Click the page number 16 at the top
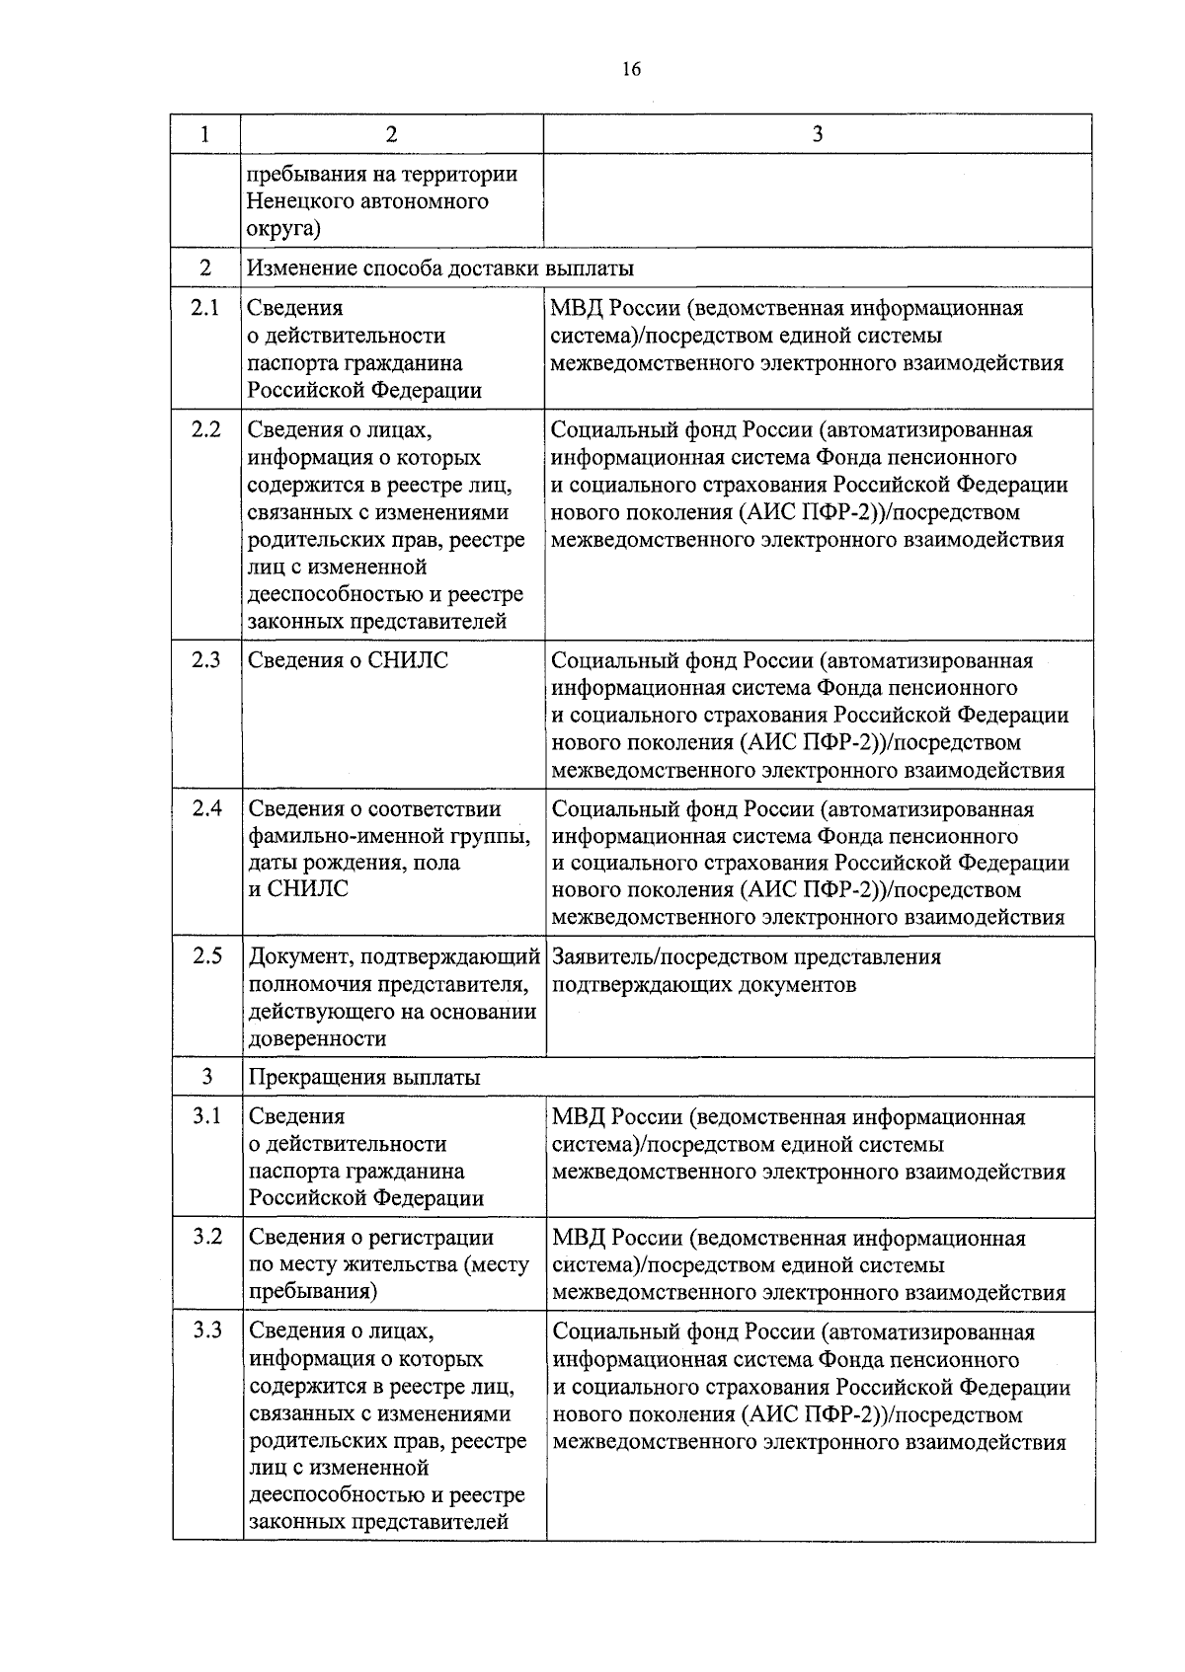(x=632, y=68)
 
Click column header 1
(x=204, y=135)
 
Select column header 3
(x=817, y=135)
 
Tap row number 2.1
(x=204, y=307)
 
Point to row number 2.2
(x=205, y=429)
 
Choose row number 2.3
(x=205, y=659)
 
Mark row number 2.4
(x=206, y=808)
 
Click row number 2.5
(x=206, y=955)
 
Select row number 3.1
(x=206, y=1115)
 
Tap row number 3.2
(x=206, y=1237)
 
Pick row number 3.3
(x=206, y=1330)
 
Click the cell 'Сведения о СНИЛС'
(x=348, y=660)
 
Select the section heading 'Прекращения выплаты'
(x=364, y=1077)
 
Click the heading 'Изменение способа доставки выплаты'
(x=440, y=268)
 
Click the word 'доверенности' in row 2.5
(x=317, y=1038)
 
